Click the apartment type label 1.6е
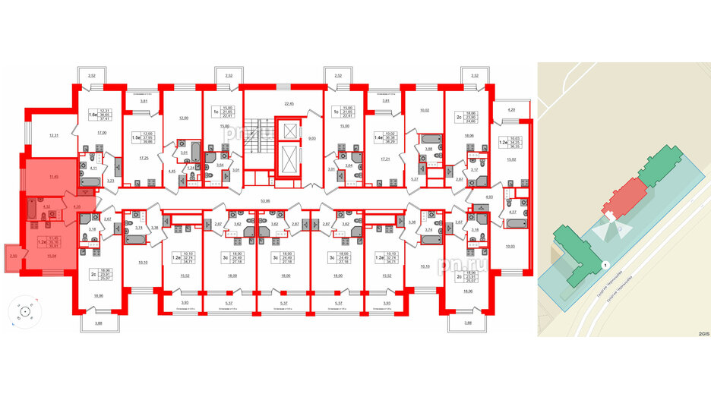click(92, 115)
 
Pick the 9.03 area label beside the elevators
click(311, 139)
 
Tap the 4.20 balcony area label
click(511, 111)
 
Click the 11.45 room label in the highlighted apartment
click(53, 176)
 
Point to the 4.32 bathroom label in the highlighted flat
click(46, 206)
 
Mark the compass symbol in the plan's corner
click(27, 312)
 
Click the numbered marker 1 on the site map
click(605, 265)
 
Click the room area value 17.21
click(381, 159)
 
